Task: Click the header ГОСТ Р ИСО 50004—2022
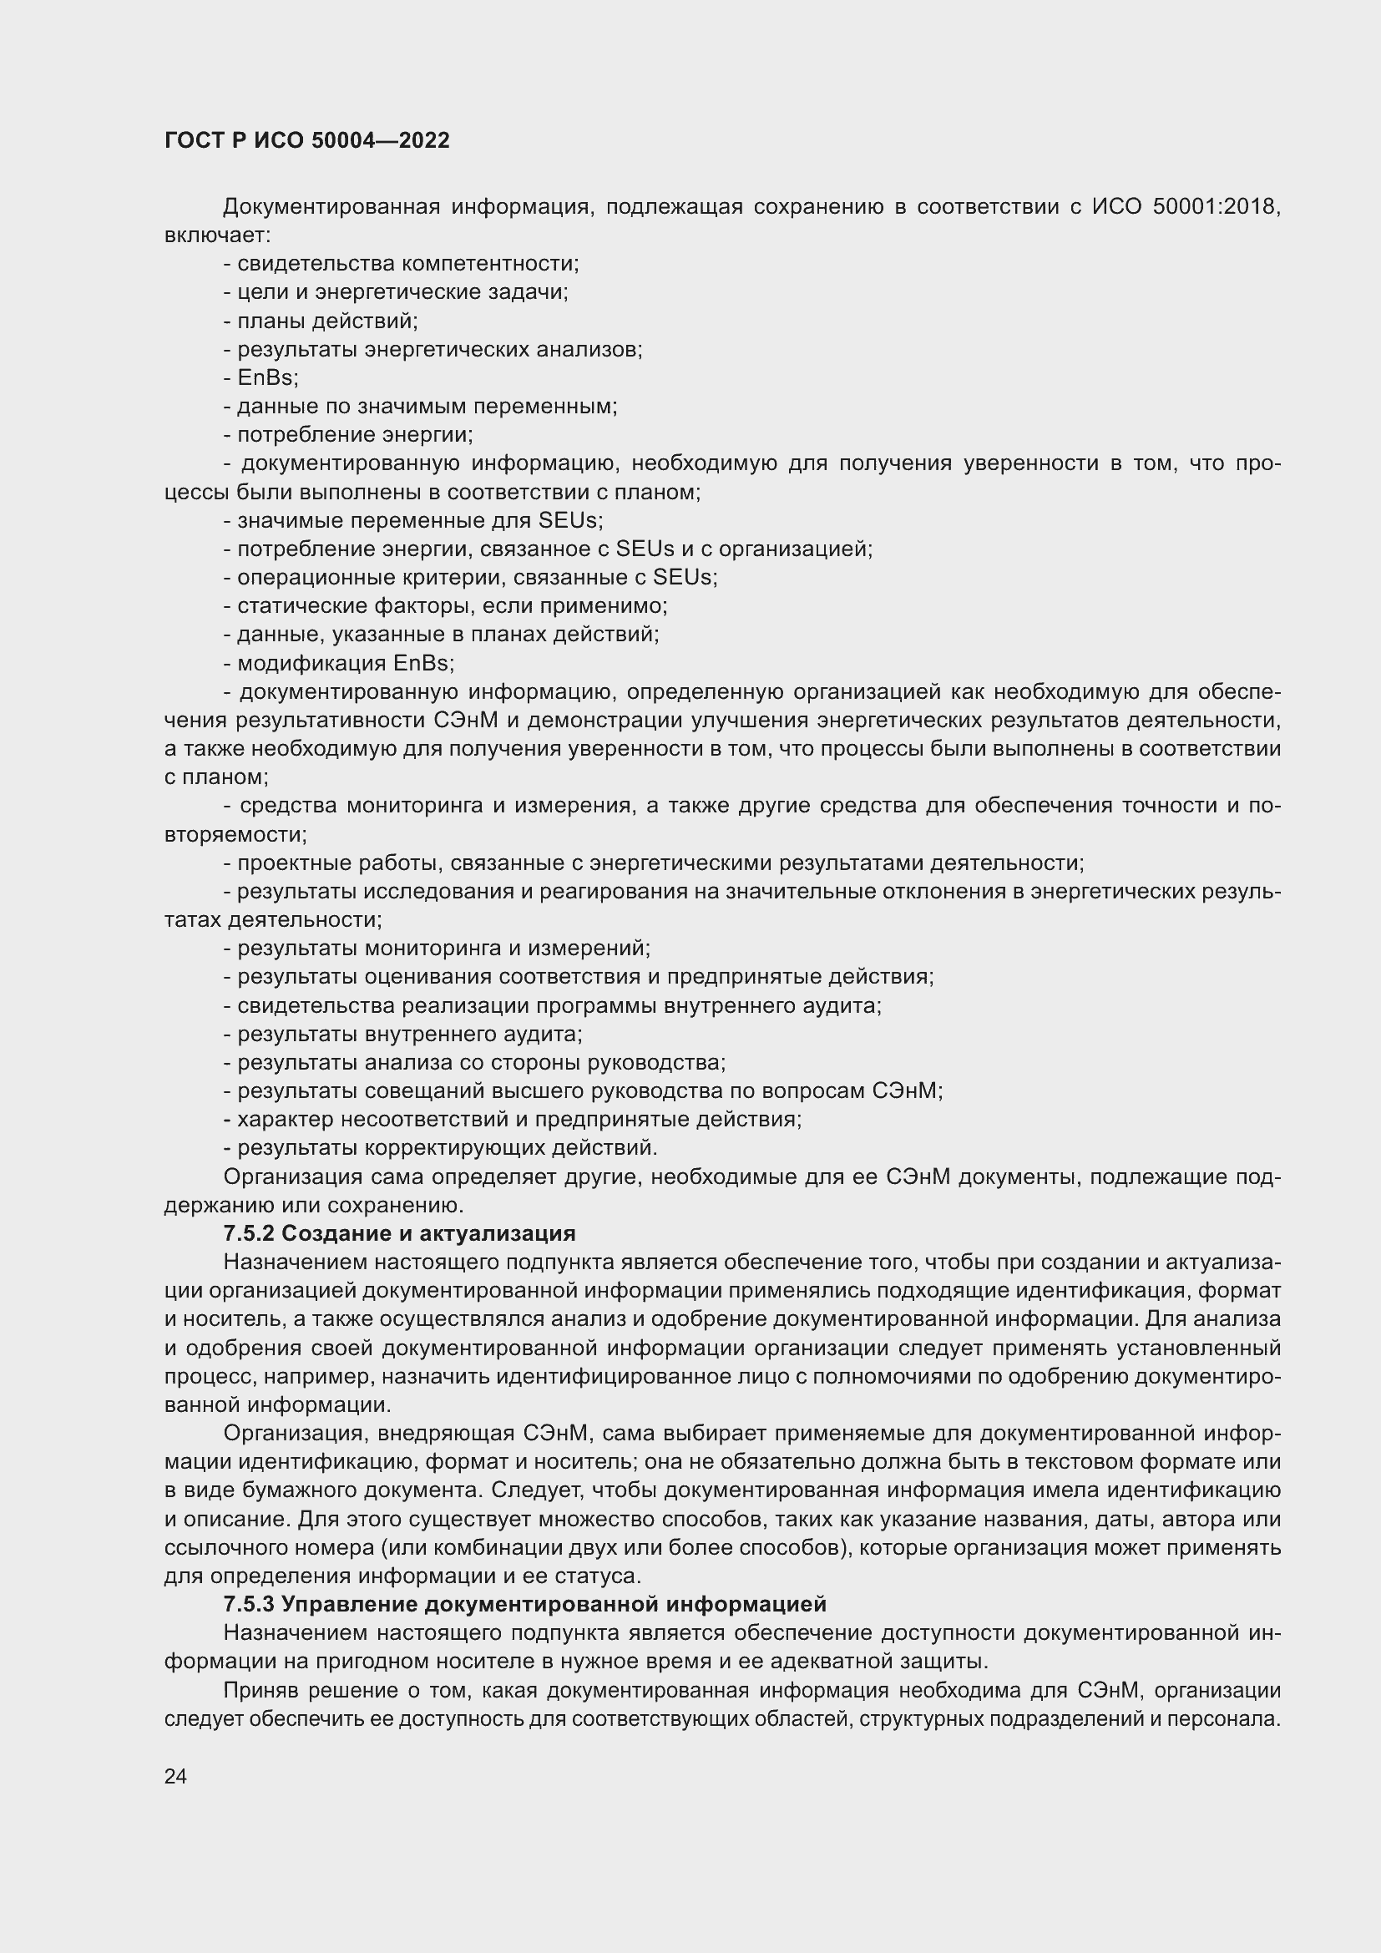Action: pos(306,141)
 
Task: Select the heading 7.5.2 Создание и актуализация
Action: pos(399,1233)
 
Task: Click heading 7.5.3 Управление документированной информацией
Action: pos(524,1604)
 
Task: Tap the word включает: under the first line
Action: pos(217,235)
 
